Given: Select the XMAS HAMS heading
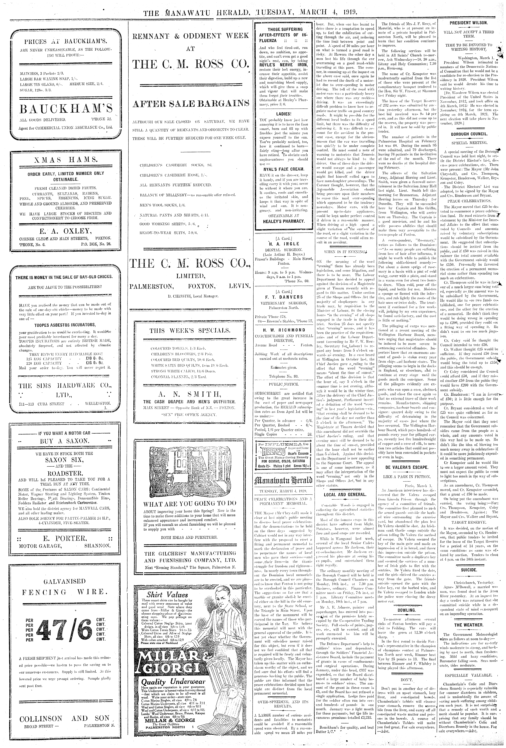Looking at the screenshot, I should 66,160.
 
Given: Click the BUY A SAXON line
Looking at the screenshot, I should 64,441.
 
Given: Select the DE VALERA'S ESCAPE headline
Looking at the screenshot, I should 407,467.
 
